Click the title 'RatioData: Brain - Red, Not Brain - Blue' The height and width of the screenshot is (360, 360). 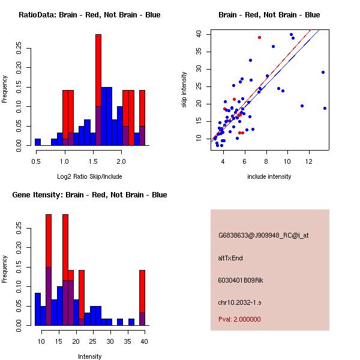pos(89,15)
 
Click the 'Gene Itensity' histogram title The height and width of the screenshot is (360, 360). pos(89,195)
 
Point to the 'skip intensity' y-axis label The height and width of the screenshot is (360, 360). pos(184,90)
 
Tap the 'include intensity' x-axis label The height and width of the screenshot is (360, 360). pos(269,176)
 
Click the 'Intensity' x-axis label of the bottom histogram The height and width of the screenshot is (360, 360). pos(89,356)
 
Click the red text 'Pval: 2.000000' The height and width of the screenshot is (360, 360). pos(239,319)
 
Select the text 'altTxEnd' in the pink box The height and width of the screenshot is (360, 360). pos(230,258)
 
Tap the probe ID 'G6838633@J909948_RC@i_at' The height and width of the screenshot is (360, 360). pos(263,236)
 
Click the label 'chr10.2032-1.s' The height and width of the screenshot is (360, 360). pos(240,302)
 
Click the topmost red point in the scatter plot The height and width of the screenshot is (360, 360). pos(259,37)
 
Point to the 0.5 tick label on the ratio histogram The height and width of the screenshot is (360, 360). pos(36,161)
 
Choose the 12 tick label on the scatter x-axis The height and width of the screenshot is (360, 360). pos(309,161)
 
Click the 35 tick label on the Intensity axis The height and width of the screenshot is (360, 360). pos(127,341)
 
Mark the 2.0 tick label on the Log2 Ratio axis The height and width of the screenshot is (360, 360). pos(122,161)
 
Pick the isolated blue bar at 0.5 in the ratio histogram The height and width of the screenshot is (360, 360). pos(38,142)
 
